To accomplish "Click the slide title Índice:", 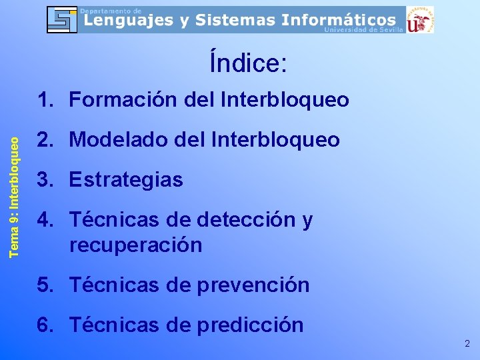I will click(x=248, y=63).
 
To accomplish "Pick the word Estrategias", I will click(x=126, y=180).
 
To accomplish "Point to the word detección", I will click(x=243, y=220).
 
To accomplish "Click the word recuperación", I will click(x=135, y=245).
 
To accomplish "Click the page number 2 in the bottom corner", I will click(x=467, y=344).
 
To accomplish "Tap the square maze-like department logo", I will click(x=62, y=19).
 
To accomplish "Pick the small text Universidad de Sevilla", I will click(x=363, y=30).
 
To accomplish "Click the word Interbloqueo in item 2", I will click(x=275, y=140).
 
